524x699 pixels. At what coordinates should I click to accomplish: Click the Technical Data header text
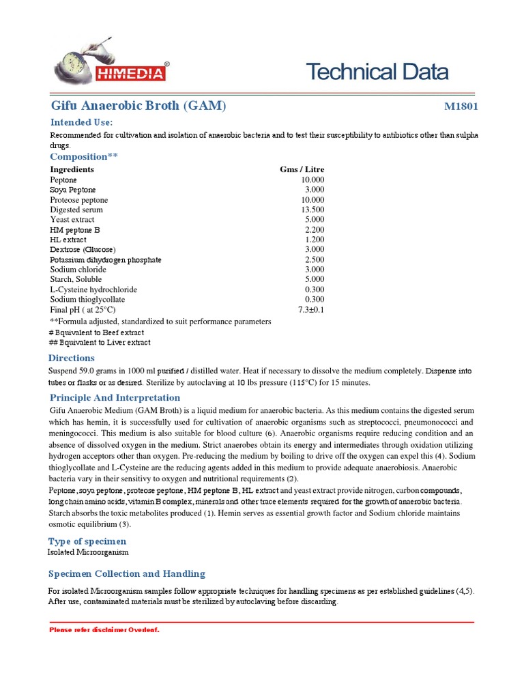[377, 72]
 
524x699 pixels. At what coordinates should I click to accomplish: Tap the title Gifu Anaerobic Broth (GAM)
[139, 106]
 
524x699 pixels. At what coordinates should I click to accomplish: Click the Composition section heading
[83, 156]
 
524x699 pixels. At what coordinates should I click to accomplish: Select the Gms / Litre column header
[302, 169]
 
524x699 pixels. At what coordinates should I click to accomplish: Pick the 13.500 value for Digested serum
[312, 210]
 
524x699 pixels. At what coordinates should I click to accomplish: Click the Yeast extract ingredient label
[72, 220]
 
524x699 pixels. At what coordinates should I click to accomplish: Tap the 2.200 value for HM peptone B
[315, 230]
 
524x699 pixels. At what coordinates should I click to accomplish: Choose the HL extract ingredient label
[68, 240]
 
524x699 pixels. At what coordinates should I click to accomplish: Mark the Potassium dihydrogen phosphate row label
[106, 260]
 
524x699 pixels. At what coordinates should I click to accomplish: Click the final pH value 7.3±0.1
[311, 309]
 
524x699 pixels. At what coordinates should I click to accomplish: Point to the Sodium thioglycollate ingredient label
[87, 300]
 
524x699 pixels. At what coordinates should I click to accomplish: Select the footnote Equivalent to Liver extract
[100, 342]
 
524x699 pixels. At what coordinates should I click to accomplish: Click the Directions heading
[72, 358]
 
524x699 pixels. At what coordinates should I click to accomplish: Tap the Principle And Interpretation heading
[115, 398]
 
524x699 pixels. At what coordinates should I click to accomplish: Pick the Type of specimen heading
[87, 541]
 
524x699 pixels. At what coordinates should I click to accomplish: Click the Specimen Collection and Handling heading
[126, 574]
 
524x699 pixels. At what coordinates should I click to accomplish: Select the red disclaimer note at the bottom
[104, 629]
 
